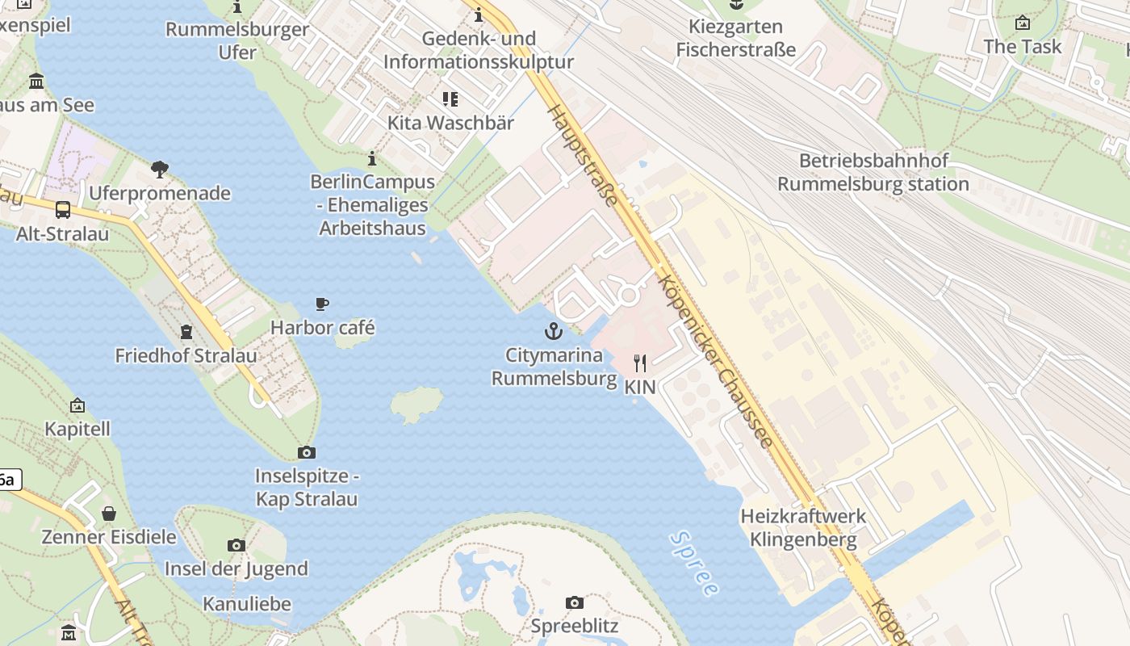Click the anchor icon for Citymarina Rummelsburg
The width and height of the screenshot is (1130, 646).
553,331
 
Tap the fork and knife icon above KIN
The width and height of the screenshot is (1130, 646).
640,363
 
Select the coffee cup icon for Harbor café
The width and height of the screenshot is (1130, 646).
322,304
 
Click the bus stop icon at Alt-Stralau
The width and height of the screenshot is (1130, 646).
63,210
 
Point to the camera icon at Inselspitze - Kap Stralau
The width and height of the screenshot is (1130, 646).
307,452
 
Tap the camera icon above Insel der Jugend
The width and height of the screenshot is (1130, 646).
236,545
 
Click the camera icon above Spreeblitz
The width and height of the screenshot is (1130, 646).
574,602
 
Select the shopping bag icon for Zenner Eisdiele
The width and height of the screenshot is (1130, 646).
108,514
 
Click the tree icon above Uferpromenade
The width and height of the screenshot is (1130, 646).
160,170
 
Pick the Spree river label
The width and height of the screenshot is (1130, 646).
693,563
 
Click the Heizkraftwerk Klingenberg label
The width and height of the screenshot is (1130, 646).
803,527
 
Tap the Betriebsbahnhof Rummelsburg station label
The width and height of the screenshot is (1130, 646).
873,172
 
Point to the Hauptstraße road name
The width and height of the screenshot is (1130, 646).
584,153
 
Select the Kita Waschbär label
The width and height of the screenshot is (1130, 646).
450,123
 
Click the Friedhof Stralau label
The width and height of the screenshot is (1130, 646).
186,355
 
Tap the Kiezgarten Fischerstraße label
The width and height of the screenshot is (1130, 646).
735,38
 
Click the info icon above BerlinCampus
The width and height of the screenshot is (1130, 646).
372,158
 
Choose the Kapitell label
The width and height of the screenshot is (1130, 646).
77,429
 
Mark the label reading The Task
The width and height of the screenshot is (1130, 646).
1023,47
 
